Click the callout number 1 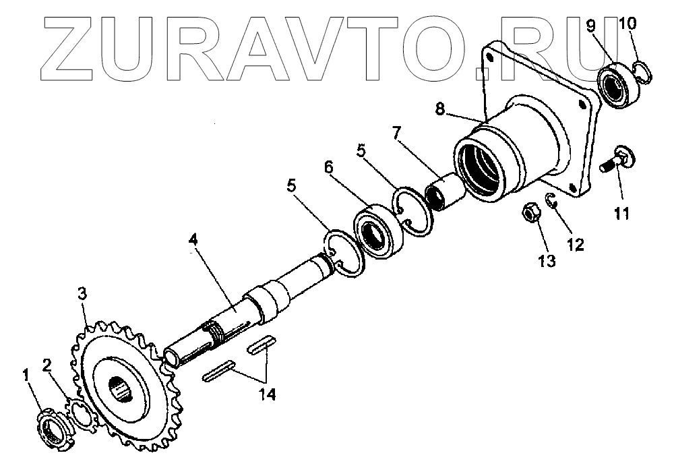(x=27, y=376)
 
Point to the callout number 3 (x=82, y=293)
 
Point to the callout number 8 (x=439, y=109)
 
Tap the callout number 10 (x=627, y=24)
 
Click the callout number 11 (x=621, y=214)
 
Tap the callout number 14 (x=268, y=393)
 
